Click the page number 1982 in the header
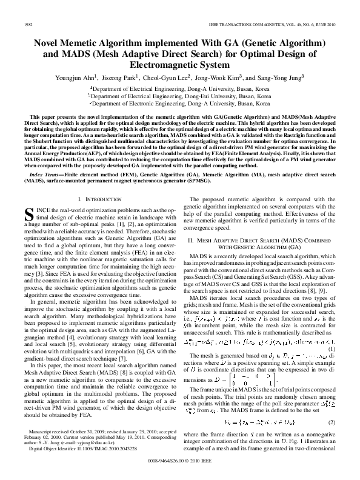26,24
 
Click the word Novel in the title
48,44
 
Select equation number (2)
333,404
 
